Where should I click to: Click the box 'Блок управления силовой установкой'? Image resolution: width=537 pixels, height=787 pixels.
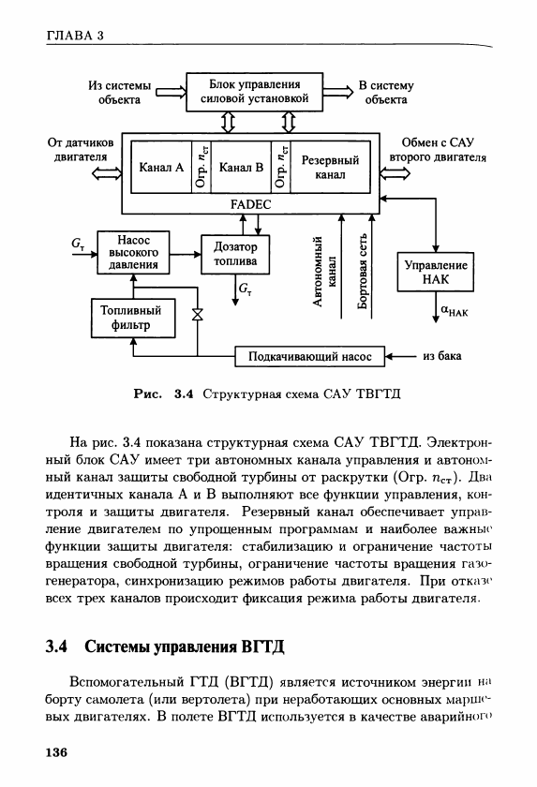(255, 92)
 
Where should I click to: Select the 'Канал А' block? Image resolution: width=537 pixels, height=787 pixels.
(161, 167)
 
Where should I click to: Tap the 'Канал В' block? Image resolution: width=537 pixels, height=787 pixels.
(242, 167)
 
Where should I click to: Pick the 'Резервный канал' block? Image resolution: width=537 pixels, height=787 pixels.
(330, 167)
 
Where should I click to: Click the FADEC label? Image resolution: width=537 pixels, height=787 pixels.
(250, 205)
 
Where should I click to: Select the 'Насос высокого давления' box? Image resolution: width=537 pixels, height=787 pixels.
(133, 252)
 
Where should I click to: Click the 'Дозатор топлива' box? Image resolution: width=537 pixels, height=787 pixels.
(235, 254)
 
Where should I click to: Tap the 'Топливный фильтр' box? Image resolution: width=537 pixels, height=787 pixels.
(133, 318)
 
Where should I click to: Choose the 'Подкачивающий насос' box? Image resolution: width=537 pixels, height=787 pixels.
(309, 356)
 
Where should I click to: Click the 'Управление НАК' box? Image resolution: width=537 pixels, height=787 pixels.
(435, 272)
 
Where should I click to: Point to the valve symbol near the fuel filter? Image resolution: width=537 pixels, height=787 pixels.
(197, 315)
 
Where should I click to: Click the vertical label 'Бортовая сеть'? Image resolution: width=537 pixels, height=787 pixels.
(363, 272)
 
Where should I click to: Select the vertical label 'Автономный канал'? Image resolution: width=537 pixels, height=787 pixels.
(324, 272)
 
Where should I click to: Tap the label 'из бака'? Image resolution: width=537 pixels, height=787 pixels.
(442, 356)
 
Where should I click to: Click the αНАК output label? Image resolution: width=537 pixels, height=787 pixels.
(455, 311)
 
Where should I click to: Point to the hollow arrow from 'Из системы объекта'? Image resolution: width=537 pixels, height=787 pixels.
(171, 93)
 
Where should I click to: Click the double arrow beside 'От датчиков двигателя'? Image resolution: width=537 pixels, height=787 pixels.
(107, 173)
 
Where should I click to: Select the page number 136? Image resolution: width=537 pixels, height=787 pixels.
(56, 752)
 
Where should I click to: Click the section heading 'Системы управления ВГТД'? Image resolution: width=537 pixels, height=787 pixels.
(185, 646)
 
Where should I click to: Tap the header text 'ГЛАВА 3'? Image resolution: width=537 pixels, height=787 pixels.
(75, 36)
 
